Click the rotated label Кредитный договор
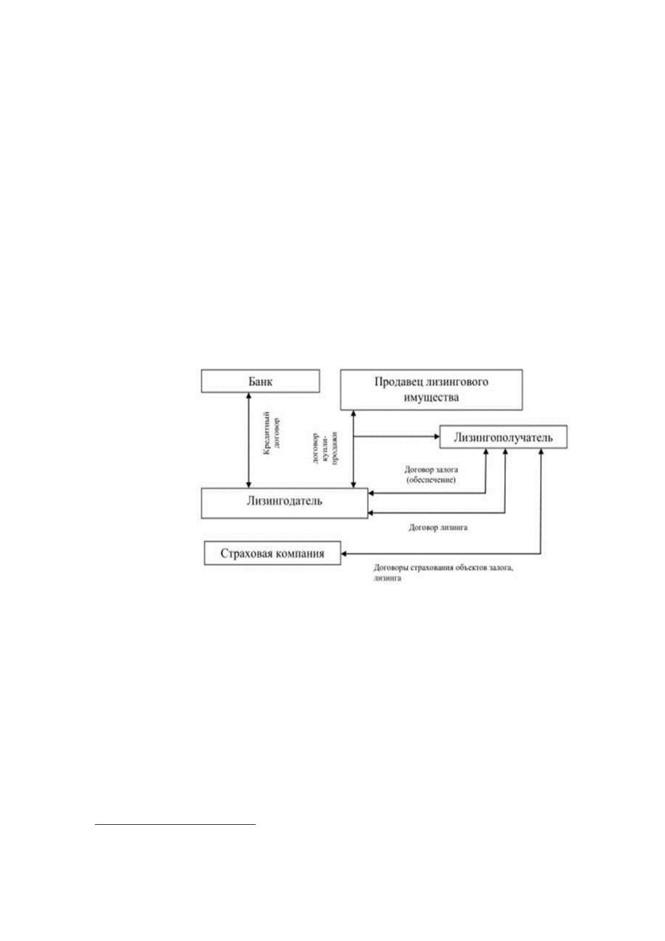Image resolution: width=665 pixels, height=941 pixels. pyautogui.click(x=271, y=434)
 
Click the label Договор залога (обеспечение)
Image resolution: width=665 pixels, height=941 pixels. pyautogui.click(x=431, y=474)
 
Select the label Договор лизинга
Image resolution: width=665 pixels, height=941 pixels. pyautogui.click(x=438, y=527)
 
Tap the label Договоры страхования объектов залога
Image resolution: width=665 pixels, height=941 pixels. pyautogui.click(x=444, y=568)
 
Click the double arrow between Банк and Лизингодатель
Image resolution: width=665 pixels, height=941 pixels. pyautogui.click(x=248, y=440)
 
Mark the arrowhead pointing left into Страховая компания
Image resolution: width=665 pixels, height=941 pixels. pyautogui.click(x=344, y=554)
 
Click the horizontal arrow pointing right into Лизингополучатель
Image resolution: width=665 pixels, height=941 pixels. pyautogui.click(x=396, y=436)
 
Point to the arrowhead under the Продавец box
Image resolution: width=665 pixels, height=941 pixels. pyautogui.click(x=353, y=414)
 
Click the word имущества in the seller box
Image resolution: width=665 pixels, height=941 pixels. pyautogui.click(x=431, y=397)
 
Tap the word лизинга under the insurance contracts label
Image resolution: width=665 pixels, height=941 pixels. pyautogui.click(x=387, y=578)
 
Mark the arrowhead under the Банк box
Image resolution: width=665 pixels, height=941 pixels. pyautogui.click(x=248, y=396)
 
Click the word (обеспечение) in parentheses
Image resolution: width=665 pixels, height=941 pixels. pyautogui.click(x=431, y=479)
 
